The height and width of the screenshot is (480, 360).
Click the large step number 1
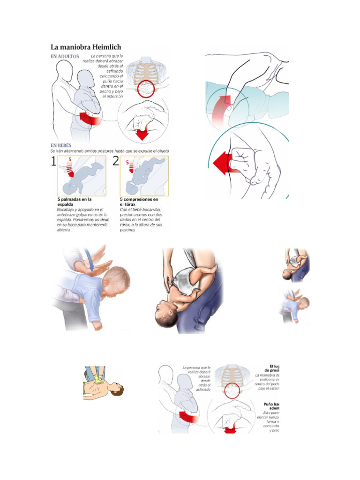pos(53,162)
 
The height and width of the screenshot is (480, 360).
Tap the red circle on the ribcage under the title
pos(148,88)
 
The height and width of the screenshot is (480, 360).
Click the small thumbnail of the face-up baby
pos(296,264)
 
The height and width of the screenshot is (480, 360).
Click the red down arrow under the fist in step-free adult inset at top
pos(142,134)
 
